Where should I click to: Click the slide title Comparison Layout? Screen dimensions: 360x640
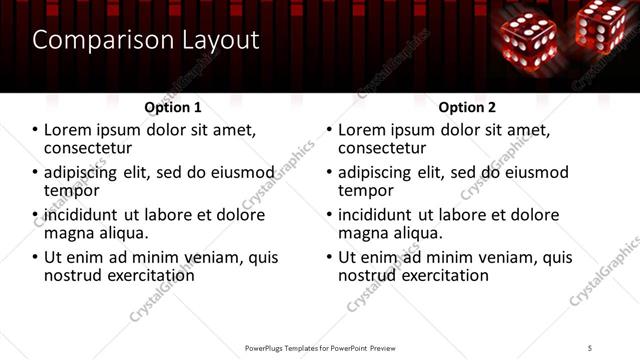pos(146,40)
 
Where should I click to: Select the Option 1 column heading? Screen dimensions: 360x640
pos(173,107)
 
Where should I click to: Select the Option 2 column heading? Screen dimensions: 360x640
pos(467,107)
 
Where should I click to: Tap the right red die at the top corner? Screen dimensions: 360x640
pos(602,25)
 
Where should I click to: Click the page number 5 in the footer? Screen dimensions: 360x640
pos(590,347)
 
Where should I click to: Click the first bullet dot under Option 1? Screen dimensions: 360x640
pos(34,130)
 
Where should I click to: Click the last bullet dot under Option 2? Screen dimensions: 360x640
pos(328,258)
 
